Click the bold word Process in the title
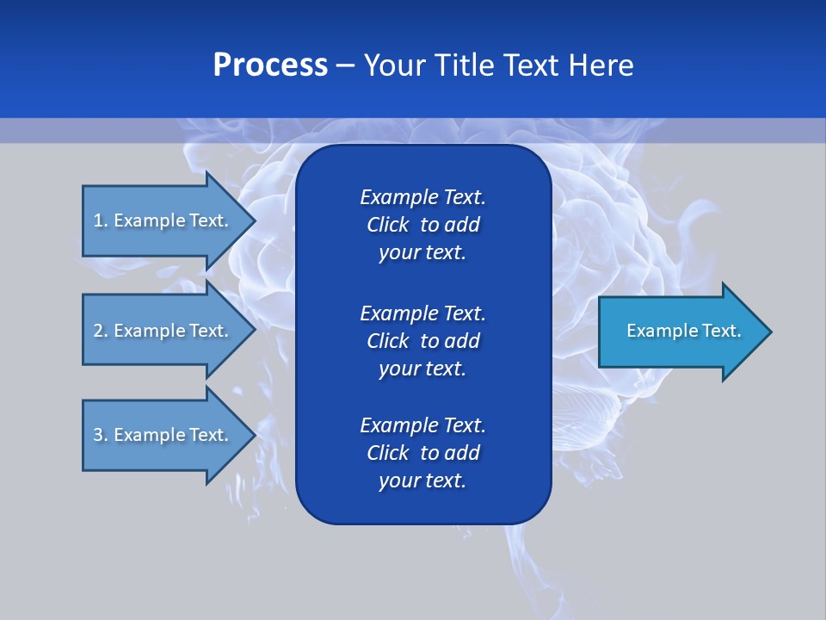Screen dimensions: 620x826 [x=270, y=65]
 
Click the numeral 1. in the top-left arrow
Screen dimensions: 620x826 [x=101, y=220]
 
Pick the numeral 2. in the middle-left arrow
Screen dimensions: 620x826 [x=101, y=331]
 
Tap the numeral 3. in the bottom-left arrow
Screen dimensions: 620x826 [x=101, y=435]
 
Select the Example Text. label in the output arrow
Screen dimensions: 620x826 [x=684, y=331]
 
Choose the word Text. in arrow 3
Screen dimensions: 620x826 [x=209, y=435]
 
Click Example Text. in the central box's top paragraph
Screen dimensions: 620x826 [x=422, y=197]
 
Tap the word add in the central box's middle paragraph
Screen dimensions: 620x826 [x=461, y=341]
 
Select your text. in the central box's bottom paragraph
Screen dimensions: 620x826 [x=422, y=481]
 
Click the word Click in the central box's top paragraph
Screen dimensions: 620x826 [x=387, y=225]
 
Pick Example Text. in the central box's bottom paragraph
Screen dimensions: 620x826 [x=422, y=425]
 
